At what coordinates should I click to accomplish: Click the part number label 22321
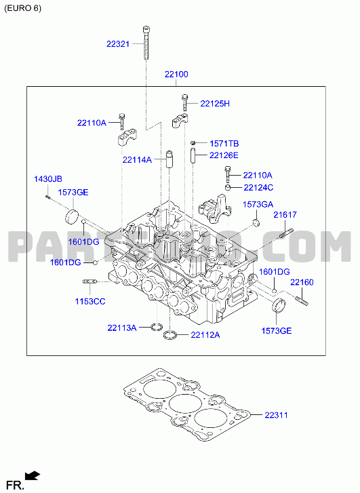pos(118,44)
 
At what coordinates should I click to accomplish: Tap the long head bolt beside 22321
pos(146,43)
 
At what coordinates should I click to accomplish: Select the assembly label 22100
pos(176,75)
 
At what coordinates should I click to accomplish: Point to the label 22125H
pos(215,104)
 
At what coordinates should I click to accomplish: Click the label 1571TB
pos(224,144)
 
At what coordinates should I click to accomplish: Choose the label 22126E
pos(224,155)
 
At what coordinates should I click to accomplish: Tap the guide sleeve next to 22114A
pos(169,159)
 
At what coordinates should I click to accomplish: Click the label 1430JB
pos(48,179)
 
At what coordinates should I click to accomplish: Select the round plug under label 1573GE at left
pos(72,216)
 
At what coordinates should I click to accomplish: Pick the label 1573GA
pos(258,205)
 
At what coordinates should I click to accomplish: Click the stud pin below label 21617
pos(285,234)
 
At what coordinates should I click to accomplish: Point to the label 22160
pos(302,282)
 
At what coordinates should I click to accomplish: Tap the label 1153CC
pos(90,302)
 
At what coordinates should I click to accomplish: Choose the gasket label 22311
pos(276,415)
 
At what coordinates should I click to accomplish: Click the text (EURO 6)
pos(22,9)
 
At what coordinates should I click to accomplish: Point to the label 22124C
pos(258,188)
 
